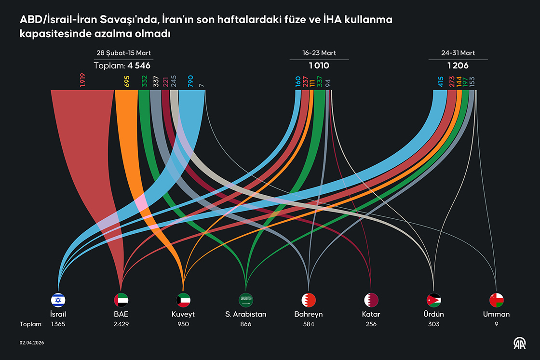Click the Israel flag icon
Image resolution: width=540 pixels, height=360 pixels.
[58, 300]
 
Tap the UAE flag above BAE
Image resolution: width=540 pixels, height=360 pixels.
[121, 300]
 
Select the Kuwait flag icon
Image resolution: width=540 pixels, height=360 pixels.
[184, 300]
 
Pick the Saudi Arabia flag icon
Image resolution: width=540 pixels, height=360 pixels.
[246, 300]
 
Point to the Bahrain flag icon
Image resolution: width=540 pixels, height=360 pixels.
[309, 300]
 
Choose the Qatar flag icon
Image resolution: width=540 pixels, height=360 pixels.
[371, 300]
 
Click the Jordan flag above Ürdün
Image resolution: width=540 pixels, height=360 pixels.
[433, 300]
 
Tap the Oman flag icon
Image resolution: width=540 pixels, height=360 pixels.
[496, 300]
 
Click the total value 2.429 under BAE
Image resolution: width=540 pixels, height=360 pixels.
[121, 324]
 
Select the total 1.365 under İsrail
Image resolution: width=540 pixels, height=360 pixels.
[58, 324]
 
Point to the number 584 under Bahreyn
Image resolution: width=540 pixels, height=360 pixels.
[309, 324]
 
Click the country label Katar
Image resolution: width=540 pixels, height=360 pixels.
[371, 314]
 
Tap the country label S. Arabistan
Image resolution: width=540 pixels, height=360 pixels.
[246, 314]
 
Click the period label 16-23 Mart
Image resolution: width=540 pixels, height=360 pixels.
[319, 53]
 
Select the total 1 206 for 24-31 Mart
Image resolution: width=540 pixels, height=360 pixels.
[458, 66]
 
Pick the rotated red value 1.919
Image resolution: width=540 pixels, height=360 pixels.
[83, 80]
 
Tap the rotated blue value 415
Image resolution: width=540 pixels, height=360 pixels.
[440, 81]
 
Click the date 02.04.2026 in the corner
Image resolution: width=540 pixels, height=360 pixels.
[32, 342]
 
